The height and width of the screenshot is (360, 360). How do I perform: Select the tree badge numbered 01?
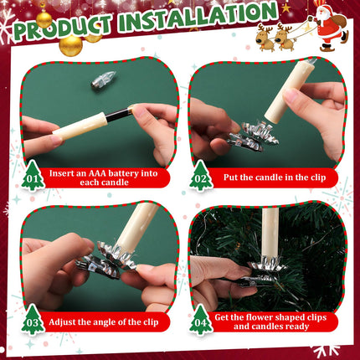coord(32,176)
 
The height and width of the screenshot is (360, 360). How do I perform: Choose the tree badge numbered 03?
coord(32,319)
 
